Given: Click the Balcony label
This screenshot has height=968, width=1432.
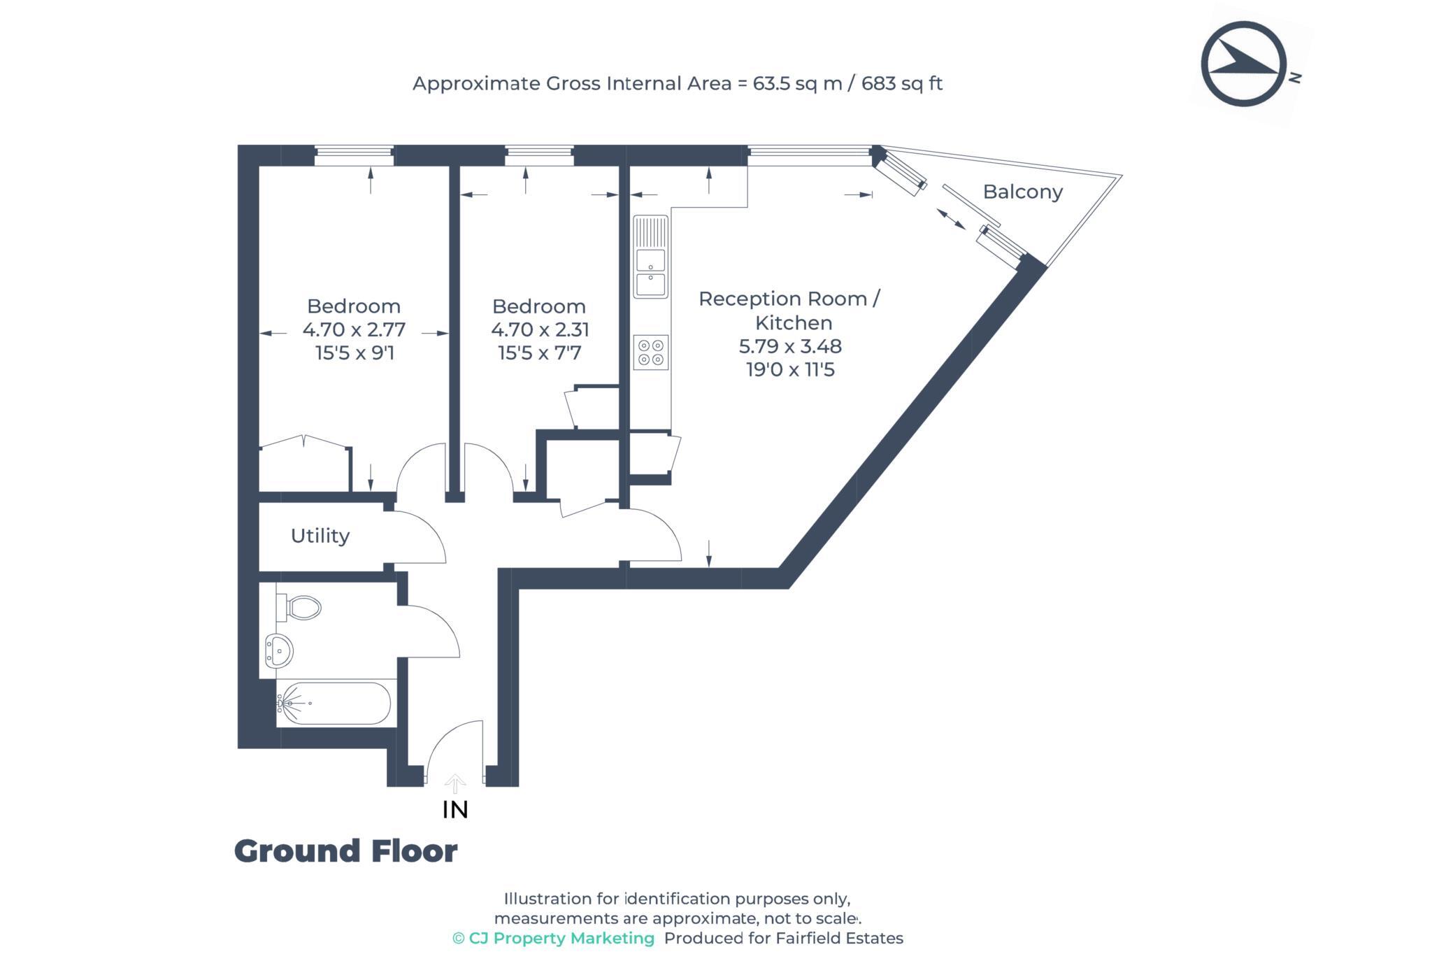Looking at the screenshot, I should pyautogui.click(x=1022, y=192).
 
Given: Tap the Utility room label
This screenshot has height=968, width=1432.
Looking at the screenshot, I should pyautogui.click(x=320, y=536).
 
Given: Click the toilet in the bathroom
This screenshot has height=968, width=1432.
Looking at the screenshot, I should pyautogui.click(x=301, y=607).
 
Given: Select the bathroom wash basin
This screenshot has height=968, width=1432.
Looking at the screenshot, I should pyautogui.click(x=279, y=652).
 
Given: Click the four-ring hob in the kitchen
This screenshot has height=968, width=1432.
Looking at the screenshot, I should pyautogui.click(x=651, y=353).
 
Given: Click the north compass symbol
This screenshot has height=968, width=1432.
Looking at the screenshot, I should pyautogui.click(x=1244, y=64).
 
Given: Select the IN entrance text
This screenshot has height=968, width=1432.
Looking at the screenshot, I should pyautogui.click(x=455, y=810).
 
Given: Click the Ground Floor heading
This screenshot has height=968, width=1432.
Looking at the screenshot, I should pyautogui.click(x=345, y=851).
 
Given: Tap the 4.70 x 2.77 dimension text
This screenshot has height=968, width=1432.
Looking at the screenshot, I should pyautogui.click(x=354, y=329).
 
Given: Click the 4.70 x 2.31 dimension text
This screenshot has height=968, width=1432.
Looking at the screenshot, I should pyautogui.click(x=540, y=329).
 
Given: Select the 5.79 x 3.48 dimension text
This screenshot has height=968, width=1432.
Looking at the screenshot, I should pyautogui.click(x=790, y=346).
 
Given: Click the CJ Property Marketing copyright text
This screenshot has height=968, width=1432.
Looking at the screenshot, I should pyautogui.click(x=553, y=939).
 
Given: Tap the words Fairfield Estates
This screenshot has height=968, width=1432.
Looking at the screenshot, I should pyautogui.click(x=839, y=939).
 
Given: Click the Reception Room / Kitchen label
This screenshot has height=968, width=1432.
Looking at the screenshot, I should pyautogui.click(x=790, y=311).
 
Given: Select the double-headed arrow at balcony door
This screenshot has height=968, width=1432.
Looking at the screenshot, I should pyautogui.click(x=951, y=219).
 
